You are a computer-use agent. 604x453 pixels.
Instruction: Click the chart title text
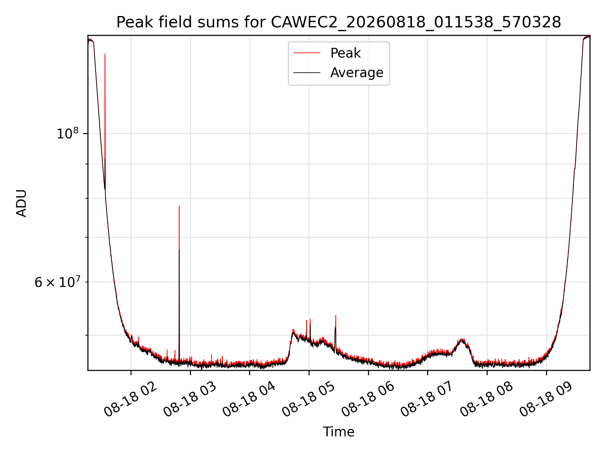coord(338,22)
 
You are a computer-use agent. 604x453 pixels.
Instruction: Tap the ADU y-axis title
coord(21,203)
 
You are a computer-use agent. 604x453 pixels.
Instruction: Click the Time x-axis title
coord(338,432)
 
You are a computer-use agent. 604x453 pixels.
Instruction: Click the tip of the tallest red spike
coord(105,54)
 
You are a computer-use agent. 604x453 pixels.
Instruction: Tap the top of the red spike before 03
coord(179,206)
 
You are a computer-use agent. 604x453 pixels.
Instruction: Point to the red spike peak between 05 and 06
coord(336,315)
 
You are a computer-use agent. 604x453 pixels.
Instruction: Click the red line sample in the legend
coord(307,53)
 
